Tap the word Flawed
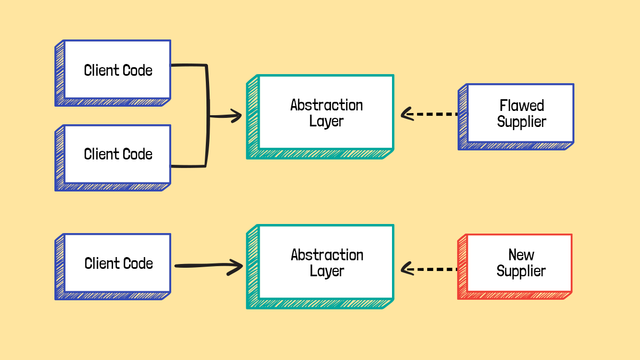tap(522, 105)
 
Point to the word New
tap(521, 254)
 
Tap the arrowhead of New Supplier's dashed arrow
tap(406, 269)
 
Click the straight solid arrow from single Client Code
tap(205, 265)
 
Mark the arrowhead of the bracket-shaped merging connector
tap(235, 116)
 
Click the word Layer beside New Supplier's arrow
tap(326, 271)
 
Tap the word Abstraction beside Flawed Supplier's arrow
tap(326, 105)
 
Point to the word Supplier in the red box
tap(521, 271)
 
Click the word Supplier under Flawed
tap(522, 122)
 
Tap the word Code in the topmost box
tap(138, 70)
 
